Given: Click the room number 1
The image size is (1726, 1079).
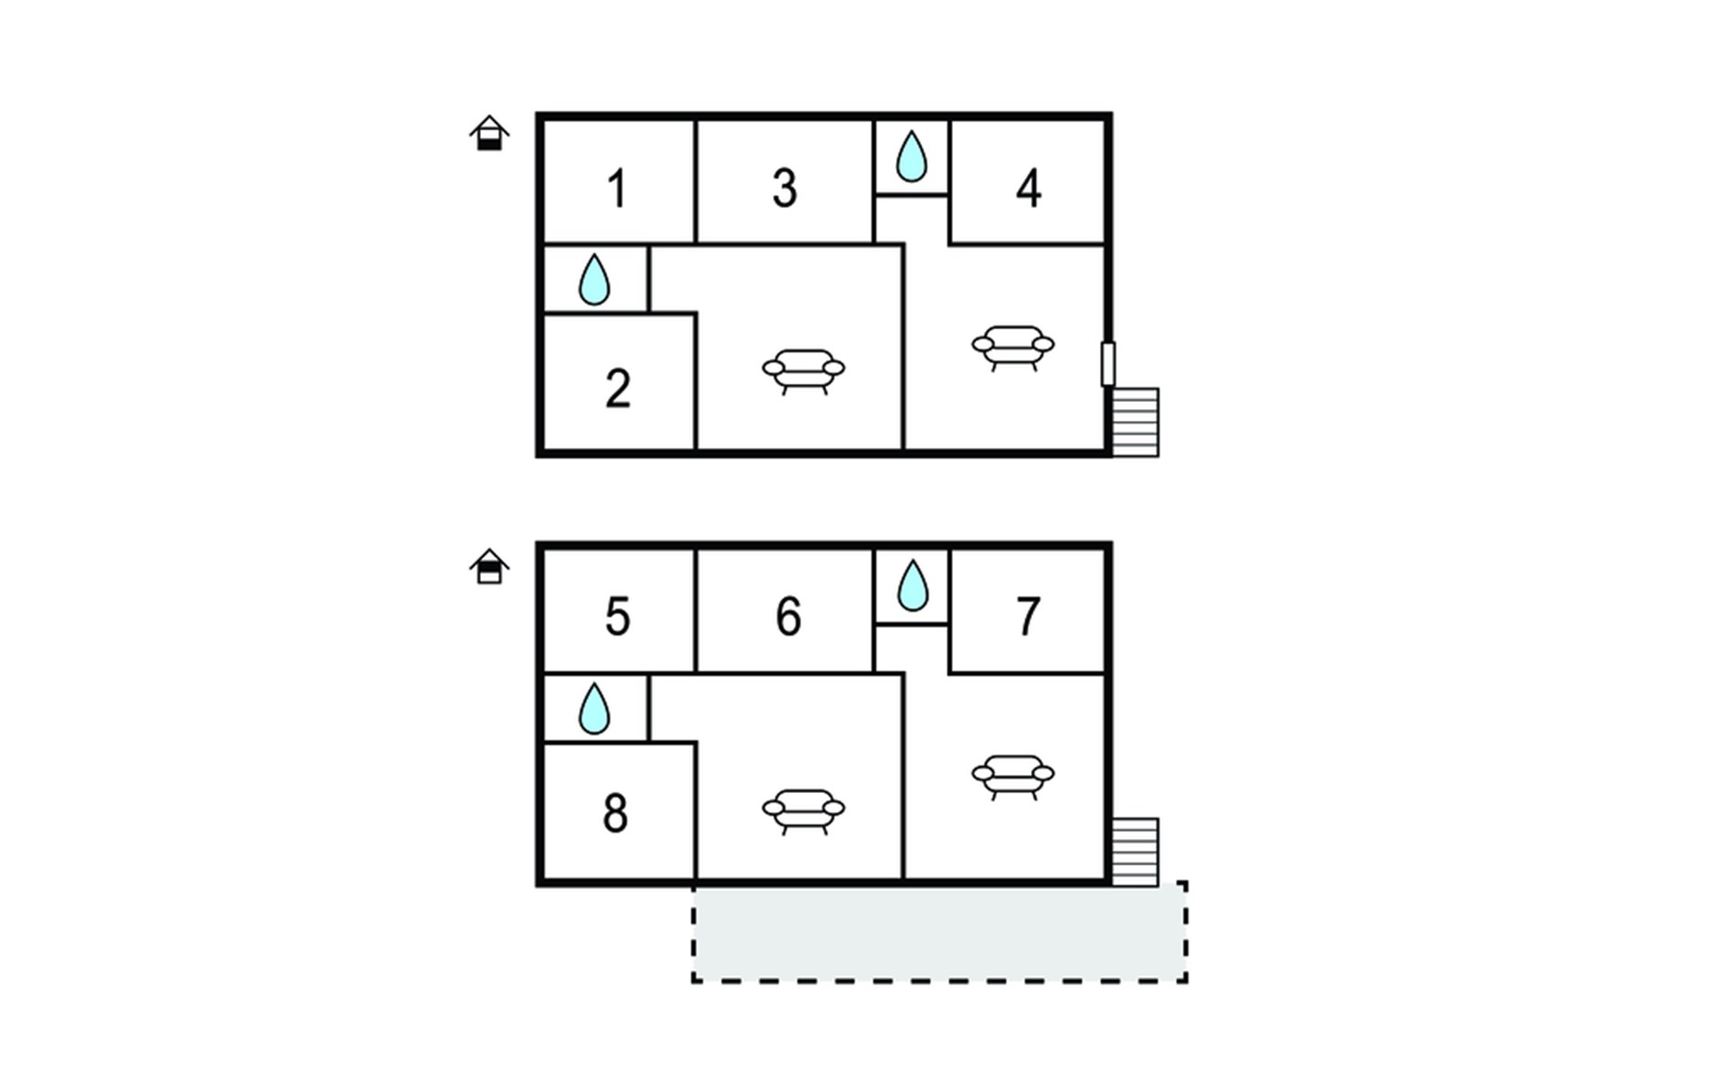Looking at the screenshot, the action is (617, 189).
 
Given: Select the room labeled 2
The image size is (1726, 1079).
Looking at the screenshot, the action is (618, 389).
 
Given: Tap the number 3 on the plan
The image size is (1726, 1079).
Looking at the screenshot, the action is (785, 189).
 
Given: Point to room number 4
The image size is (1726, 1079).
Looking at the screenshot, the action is (1028, 189).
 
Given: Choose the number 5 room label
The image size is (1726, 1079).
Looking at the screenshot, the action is (618, 617).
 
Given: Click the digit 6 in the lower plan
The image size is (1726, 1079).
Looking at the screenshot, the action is (788, 617).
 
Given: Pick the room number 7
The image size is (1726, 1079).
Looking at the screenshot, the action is (1028, 617).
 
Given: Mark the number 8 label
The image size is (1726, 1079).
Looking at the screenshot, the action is (616, 813).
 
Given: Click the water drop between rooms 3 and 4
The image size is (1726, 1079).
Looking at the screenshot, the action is (912, 157).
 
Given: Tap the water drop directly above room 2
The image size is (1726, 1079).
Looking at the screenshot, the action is (594, 280).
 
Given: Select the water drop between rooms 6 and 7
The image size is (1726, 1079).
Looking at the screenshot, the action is (912, 586).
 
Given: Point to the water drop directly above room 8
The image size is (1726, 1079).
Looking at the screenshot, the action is (594, 709).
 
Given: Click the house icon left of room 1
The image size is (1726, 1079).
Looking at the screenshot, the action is (489, 133).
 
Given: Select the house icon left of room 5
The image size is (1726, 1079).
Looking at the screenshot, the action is (489, 566).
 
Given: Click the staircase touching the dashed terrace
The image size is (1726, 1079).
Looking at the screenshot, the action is (1135, 852).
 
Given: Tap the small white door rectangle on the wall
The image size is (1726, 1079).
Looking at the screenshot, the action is (1108, 364).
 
